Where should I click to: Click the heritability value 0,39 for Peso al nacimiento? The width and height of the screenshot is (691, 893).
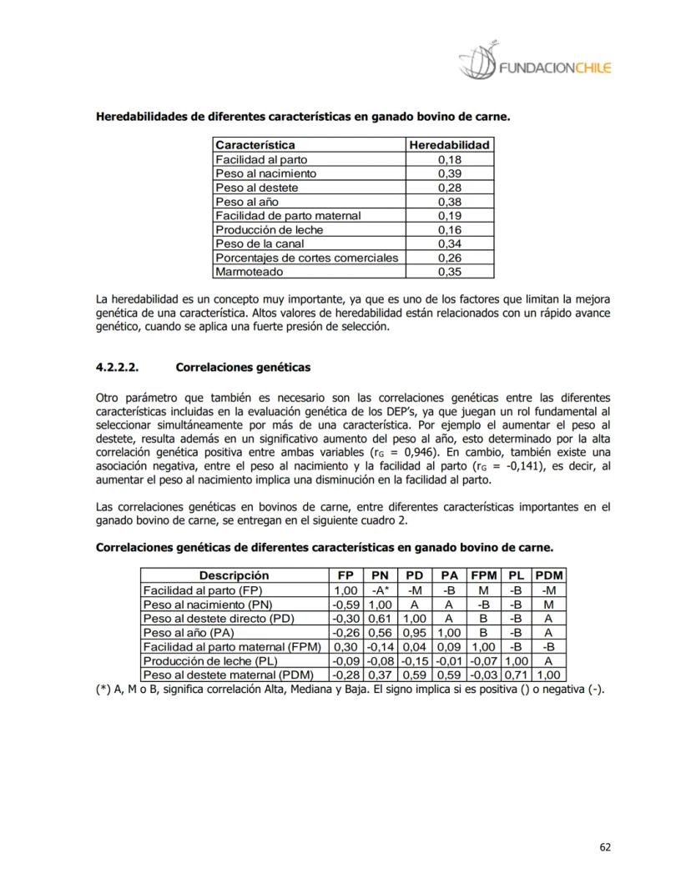click(449, 173)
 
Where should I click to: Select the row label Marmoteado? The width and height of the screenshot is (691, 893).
click(249, 272)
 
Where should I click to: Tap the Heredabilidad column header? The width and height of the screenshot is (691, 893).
click(449, 145)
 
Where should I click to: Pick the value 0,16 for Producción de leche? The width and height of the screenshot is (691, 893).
click(449, 229)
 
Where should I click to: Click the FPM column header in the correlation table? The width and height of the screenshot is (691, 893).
click(484, 575)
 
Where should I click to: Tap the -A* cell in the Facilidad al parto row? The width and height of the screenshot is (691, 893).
click(381, 590)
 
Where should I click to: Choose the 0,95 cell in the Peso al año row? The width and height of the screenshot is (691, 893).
click(415, 632)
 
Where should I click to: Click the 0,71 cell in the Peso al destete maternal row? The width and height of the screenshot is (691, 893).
click(517, 675)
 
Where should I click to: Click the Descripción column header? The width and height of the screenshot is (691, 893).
click(234, 575)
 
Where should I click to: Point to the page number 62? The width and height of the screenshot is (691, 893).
click(605, 847)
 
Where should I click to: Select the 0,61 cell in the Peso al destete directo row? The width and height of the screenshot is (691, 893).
click(381, 618)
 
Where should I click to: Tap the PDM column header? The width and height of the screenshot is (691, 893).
click(548, 575)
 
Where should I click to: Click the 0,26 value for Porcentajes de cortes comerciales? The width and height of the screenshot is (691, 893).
click(449, 258)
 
